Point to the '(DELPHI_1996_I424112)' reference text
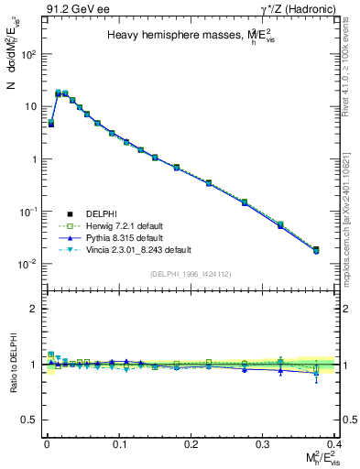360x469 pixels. (x=191, y=272)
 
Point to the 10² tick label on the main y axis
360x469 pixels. (x=27, y=54)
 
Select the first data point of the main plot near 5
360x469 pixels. (x=50, y=123)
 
